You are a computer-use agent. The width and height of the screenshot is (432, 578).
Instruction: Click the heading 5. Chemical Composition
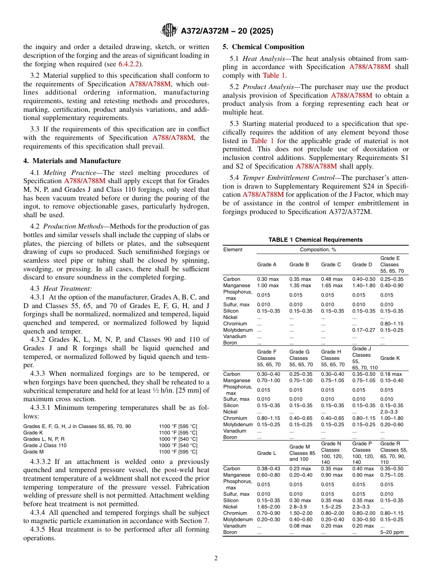(x=263, y=47)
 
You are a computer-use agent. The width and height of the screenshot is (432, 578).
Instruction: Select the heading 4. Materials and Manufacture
(x=72, y=161)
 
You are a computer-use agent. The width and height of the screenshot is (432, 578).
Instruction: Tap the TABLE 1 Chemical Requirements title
(x=315, y=239)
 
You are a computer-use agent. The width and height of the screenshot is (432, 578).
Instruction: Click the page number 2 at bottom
(x=216, y=558)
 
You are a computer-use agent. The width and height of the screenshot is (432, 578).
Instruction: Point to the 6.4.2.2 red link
(x=130, y=64)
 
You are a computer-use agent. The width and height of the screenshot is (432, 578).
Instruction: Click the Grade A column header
(x=266, y=264)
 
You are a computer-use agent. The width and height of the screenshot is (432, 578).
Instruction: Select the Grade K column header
(x=390, y=358)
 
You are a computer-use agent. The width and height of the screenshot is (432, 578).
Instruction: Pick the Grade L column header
(x=266, y=453)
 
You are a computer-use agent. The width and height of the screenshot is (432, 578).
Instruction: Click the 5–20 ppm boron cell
(x=392, y=532)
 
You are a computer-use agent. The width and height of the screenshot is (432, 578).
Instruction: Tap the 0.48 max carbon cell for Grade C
(x=332, y=279)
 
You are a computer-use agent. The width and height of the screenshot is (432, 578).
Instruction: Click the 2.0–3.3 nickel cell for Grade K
(x=391, y=412)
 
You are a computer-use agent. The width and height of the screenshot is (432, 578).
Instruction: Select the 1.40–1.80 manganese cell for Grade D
(x=364, y=285)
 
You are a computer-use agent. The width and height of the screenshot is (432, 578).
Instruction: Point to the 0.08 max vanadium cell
(x=300, y=526)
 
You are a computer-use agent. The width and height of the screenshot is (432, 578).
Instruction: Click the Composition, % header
(x=314, y=249)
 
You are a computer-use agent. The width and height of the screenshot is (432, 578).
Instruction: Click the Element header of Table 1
(x=233, y=249)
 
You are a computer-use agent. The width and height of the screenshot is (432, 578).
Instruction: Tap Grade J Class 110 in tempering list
(x=45, y=445)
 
